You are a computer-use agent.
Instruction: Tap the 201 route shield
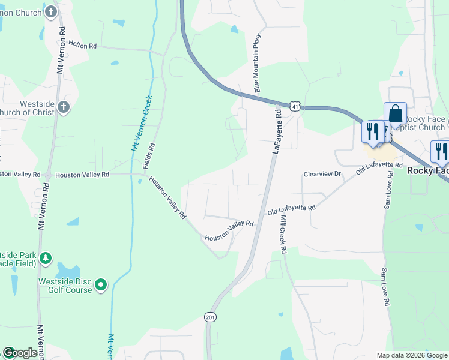point(209,316)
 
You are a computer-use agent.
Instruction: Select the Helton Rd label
point(83,45)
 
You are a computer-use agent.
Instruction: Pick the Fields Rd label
point(150,155)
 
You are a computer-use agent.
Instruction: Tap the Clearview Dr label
point(322,174)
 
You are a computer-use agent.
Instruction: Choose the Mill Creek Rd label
point(282,233)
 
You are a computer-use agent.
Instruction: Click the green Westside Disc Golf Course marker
point(101,284)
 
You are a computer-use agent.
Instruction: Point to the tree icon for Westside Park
point(45,259)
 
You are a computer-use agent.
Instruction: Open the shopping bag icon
point(395,113)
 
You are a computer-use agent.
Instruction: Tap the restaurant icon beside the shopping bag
point(373,131)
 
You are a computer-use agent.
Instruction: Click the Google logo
point(20,353)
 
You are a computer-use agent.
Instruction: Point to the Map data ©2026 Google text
point(411,355)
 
